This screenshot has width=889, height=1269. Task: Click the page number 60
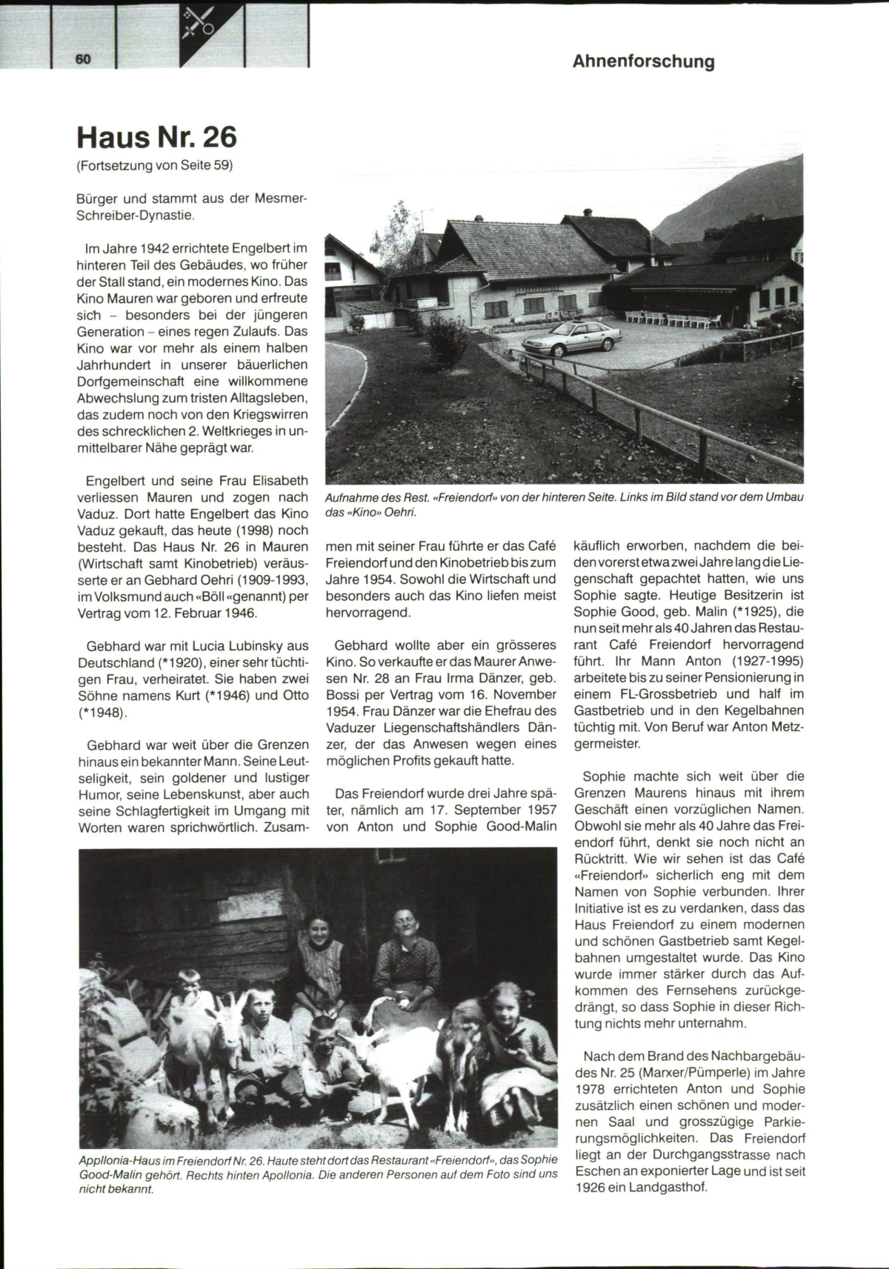(x=82, y=59)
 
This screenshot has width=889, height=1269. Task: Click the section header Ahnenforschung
(x=643, y=61)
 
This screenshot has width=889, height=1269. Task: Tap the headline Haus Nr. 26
(x=156, y=137)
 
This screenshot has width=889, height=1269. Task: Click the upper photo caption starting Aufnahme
(x=563, y=504)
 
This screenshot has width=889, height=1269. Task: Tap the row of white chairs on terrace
(x=675, y=320)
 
